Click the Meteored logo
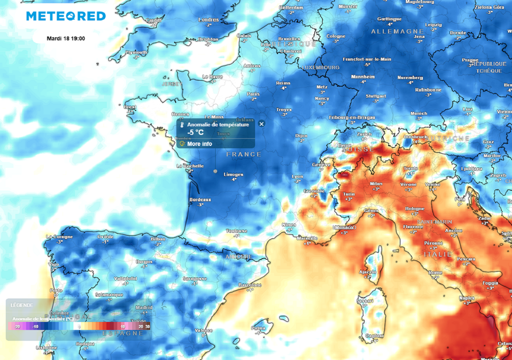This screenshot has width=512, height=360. pos(65,16)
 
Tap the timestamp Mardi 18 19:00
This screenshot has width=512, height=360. pos(65,38)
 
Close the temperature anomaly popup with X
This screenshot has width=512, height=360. pos(261,123)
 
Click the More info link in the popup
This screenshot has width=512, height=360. pos(199,144)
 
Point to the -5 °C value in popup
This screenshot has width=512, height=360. pos(195,132)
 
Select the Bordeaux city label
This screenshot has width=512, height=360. pos(200,199)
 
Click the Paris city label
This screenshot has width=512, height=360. pos(253,93)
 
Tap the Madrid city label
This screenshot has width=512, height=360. pos(144,307)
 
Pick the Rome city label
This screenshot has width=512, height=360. pos(435,272)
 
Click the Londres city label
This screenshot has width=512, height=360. pos(208,20)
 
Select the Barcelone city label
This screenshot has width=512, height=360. pos(250,284)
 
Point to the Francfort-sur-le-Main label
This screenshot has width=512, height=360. pos(366,59)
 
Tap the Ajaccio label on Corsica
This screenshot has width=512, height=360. pos(367,271)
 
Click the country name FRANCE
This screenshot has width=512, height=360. pos(244,154)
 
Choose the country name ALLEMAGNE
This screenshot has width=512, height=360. pos(390,31)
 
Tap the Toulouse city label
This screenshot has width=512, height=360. pos(236,231)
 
